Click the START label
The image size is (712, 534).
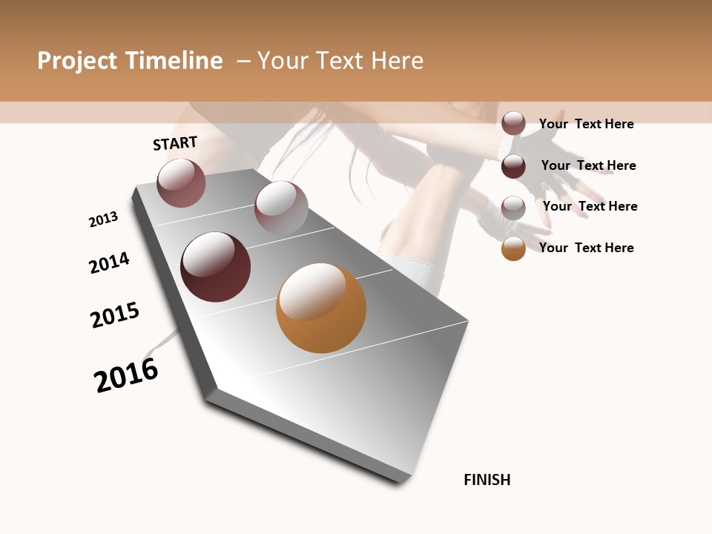click(x=175, y=143)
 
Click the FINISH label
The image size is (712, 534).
click(x=487, y=480)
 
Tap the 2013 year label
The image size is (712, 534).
click(x=103, y=220)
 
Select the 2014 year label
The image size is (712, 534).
click(x=110, y=263)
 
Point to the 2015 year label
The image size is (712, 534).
click(x=115, y=315)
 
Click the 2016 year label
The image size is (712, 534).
click(x=126, y=375)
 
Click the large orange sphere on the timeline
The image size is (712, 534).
click(x=321, y=308)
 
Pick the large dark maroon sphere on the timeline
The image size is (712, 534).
click(x=215, y=267)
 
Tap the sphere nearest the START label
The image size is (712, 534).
click(x=181, y=182)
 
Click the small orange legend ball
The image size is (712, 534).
click(x=513, y=248)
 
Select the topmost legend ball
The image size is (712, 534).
click(x=513, y=123)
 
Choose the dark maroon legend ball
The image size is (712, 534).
click(x=513, y=166)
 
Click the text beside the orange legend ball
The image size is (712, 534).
click(x=586, y=248)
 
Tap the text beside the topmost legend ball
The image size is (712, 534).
click(x=586, y=124)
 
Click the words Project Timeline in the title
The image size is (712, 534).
click(x=130, y=61)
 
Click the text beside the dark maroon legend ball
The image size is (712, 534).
click(x=588, y=165)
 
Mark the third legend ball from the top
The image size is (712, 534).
click(x=513, y=208)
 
